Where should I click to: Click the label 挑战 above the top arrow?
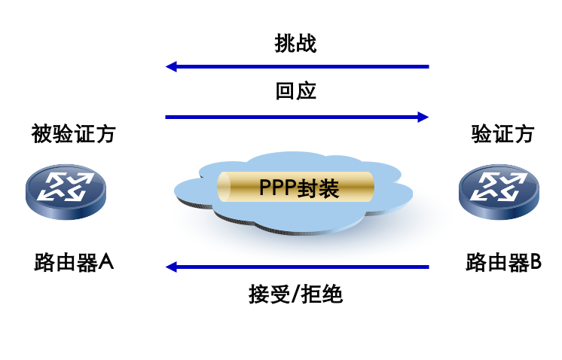click(x=295, y=44)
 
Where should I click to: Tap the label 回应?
click(x=295, y=92)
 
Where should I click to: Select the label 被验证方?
click(x=73, y=134)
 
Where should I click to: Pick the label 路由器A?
click(x=74, y=263)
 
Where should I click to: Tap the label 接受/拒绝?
click(x=295, y=293)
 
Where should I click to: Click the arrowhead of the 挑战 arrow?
click(x=171, y=67)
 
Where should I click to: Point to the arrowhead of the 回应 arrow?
click(x=423, y=117)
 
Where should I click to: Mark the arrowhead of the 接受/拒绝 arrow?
click(x=171, y=266)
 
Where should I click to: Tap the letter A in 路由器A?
click(x=106, y=263)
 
